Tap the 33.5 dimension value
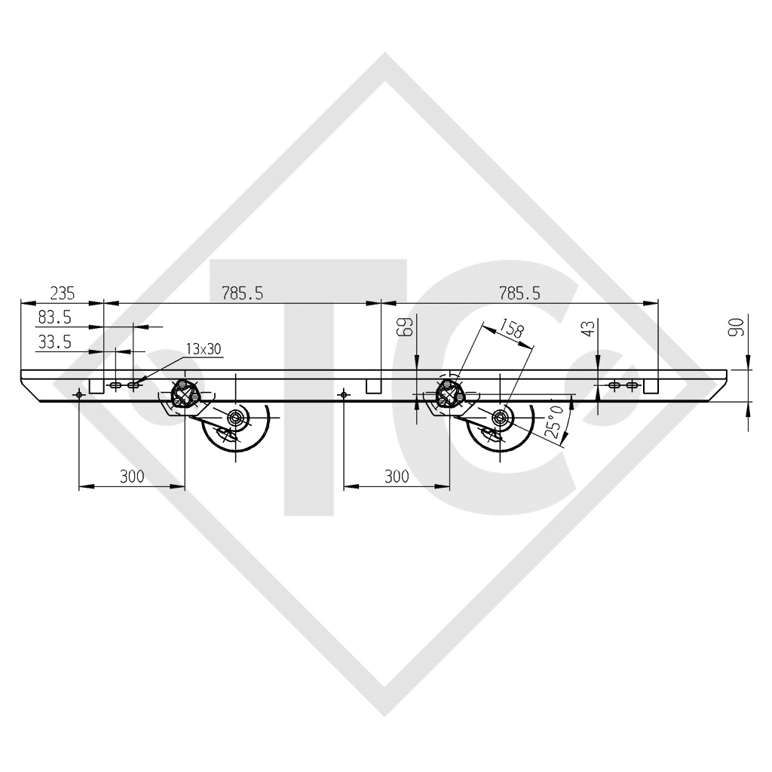point(54,342)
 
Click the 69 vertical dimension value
point(427,328)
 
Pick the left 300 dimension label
point(132,476)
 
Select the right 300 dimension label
point(396,476)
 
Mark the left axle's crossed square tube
point(183,394)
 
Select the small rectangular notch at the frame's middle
point(373,386)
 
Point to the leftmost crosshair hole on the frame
point(79,394)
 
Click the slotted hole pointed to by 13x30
point(133,385)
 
